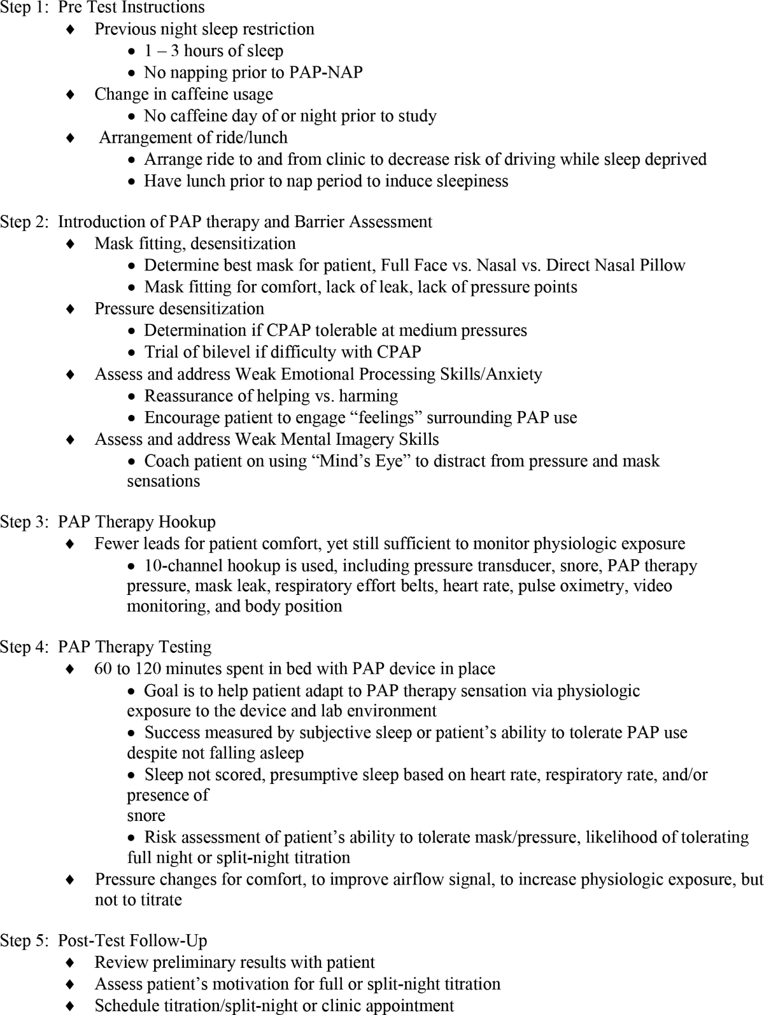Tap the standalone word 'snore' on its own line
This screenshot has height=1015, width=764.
point(146,815)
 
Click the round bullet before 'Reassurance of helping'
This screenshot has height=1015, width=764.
point(132,396)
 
